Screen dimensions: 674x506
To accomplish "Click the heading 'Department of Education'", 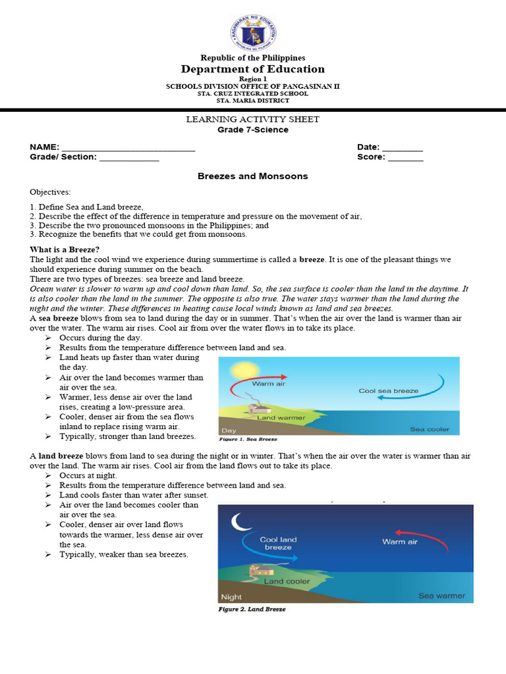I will click(x=253, y=69).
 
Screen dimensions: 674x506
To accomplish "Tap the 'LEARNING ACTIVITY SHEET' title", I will click(x=253, y=119).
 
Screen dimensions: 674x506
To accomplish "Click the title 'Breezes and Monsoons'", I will click(x=253, y=176).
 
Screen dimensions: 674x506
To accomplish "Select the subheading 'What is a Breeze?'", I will click(x=65, y=249).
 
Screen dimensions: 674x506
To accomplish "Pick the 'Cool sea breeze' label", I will click(x=388, y=391).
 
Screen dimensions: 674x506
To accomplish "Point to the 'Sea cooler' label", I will click(x=430, y=429).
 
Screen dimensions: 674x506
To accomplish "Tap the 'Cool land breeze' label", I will click(x=278, y=543).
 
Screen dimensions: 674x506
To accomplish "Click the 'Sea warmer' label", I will click(x=441, y=596).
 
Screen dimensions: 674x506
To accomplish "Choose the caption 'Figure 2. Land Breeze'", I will click(x=252, y=609).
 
